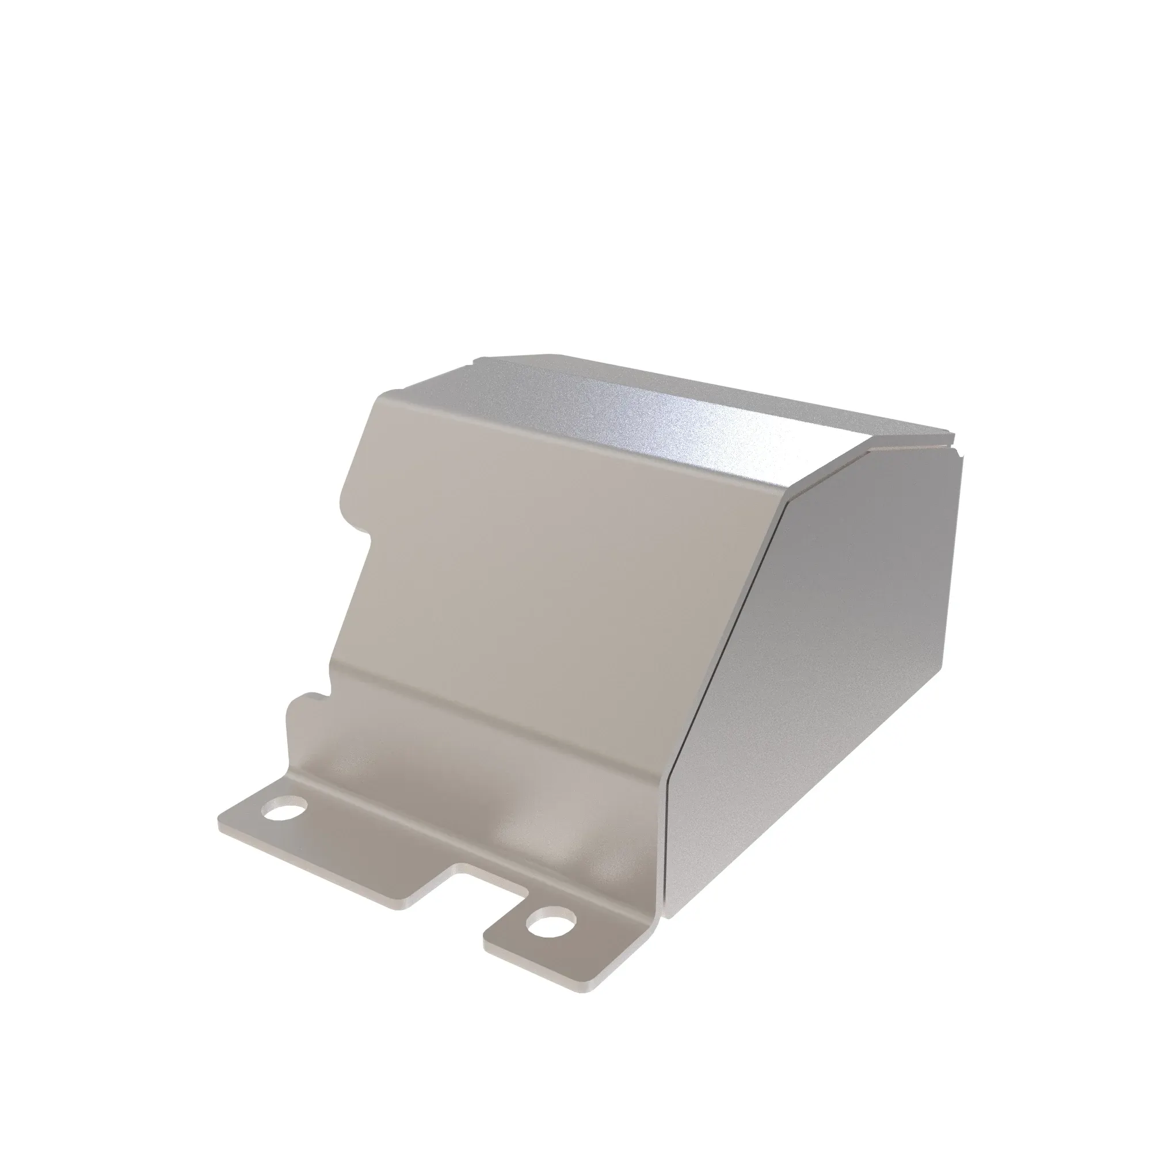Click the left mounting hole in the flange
click(285, 811)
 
